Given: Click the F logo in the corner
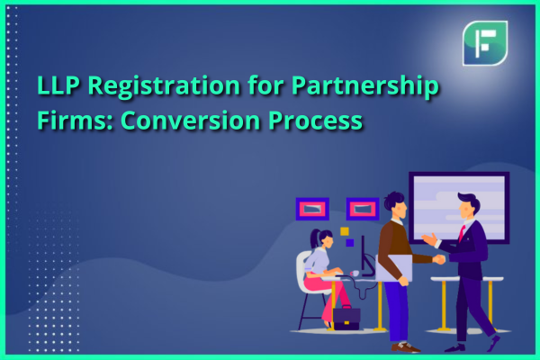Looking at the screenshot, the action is click(x=485, y=43).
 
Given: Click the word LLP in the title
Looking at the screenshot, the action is click(x=58, y=85).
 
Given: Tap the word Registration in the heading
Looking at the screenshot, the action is click(x=164, y=86).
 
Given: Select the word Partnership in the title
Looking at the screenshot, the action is click(x=365, y=86).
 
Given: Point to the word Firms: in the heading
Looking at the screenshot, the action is click(x=75, y=121).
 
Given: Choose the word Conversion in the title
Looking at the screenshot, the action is click(x=190, y=121).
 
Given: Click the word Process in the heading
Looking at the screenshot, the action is click(x=315, y=121).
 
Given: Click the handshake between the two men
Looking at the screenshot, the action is click(x=438, y=259).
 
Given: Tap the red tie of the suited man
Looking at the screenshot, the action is click(x=462, y=232).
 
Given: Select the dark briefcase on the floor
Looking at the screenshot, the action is click(x=346, y=318).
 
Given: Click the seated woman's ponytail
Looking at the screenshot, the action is click(x=314, y=238).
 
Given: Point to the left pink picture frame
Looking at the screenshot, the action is click(x=312, y=209).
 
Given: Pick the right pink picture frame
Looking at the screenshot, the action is click(x=363, y=209).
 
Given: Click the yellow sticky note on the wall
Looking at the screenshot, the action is click(x=345, y=231).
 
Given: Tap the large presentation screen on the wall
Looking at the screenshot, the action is click(x=459, y=207).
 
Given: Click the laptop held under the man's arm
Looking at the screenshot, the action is click(x=393, y=267).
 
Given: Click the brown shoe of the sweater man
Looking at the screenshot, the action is click(x=407, y=346).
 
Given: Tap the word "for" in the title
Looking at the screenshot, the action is click(x=265, y=85).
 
